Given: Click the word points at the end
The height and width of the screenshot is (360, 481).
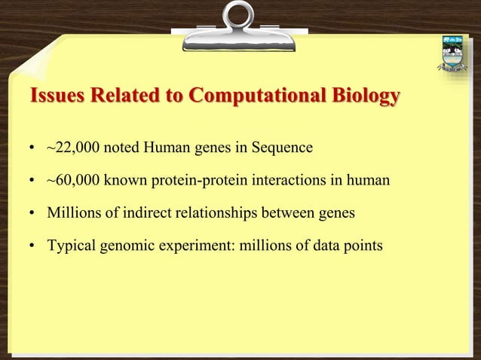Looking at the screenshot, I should click(x=364, y=247).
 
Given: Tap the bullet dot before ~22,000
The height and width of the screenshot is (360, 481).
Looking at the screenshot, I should click(x=33, y=148).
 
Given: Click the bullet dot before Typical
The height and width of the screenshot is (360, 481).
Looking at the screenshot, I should click(x=33, y=248).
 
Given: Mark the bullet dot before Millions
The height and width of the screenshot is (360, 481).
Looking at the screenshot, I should click(x=33, y=215).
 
